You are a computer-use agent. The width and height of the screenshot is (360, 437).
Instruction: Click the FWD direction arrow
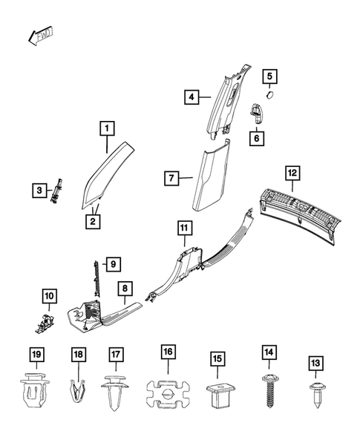point(40,36)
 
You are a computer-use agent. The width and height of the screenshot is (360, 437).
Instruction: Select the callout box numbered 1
point(107,128)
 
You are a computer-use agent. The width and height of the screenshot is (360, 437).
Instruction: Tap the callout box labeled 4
point(192,97)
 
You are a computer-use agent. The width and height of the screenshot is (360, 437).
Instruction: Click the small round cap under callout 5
point(270,95)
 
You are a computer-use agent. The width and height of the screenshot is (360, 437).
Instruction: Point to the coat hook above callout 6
point(256,113)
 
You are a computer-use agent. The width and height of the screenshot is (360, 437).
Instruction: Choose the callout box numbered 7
point(171,178)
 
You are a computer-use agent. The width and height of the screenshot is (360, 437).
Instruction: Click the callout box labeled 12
point(292,173)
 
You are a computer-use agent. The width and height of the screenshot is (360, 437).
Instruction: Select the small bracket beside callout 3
point(56,191)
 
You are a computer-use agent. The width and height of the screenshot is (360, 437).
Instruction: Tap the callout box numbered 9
point(114,264)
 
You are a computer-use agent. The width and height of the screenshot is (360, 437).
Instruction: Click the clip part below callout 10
point(45,323)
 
